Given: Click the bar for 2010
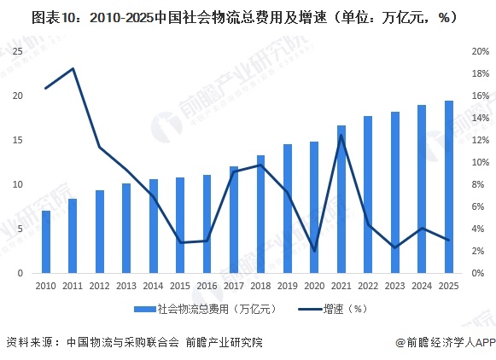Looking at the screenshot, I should tap(46, 241).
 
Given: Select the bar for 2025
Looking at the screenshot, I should tap(449, 188).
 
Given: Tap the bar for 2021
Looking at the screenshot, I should tap(341, 200).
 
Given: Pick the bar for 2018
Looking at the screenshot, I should tap(260, 214).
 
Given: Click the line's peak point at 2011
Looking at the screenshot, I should tap(73, 68).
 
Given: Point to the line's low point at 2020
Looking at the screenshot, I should tap(314, 251).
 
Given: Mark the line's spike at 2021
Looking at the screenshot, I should tap(341, 135).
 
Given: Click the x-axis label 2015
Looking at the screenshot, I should tap(180, 286).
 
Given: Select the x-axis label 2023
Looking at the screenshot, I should tap(395, 286).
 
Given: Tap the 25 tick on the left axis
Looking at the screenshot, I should tap(17, 51).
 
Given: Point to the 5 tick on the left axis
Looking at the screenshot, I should tap(20, 229).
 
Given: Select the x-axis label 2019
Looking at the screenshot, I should tap(288, 286).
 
